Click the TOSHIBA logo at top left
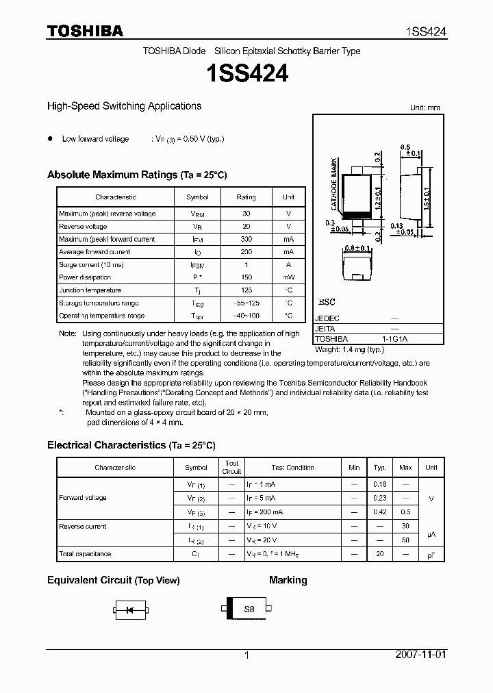tap(85, 31)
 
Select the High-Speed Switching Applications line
tap(124, 106)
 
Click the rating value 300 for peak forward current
tap(246, 239)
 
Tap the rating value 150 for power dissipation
tap(246, 277)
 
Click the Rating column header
tap(246, 197)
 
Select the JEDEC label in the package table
tap(327, 318)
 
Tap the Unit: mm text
tap(425, 108)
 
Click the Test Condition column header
tap(292, 468)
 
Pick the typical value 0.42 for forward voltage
tap(379, 512)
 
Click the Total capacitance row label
tap(85, 553)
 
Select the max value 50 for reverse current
tap(405, 540)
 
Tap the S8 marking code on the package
tap(249, 608)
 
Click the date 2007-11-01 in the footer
tap(420, 655)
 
